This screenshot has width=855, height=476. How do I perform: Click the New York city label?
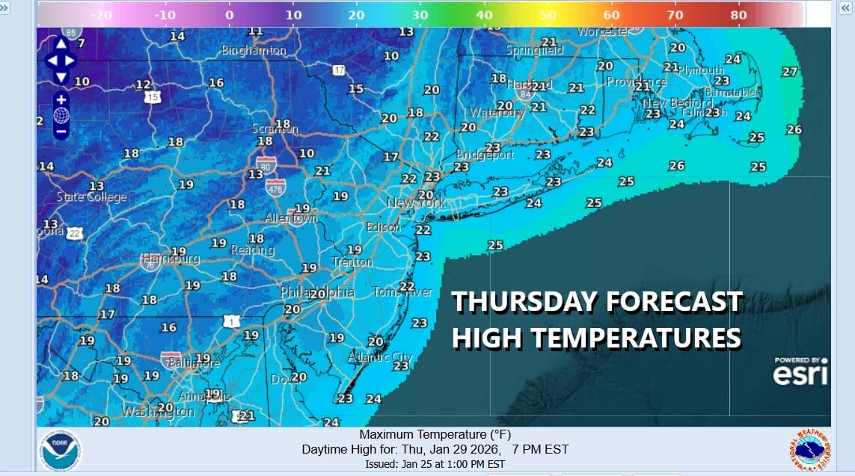coord(415,203)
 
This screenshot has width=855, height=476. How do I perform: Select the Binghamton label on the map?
coord(254,51)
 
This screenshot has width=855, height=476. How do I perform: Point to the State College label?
coord(91,197)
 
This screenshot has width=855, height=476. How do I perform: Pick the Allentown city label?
coord(291,218)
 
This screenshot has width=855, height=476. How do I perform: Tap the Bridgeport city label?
coord(485,155)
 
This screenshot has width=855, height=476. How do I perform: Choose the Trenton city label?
coord(352,262)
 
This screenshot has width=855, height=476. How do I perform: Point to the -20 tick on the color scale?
coord(100,14)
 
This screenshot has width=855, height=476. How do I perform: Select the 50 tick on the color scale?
coord(548,14)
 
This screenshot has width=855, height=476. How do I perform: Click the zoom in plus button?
coord(61,100)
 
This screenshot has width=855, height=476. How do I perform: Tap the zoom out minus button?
coord(61,131)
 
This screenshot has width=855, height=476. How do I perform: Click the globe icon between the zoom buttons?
coord(61,115)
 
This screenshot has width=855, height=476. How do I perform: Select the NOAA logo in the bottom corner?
coord(61,451)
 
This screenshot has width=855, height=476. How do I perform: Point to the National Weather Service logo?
coord(808,451)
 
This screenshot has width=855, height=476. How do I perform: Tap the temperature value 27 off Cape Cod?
coord(789,72)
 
